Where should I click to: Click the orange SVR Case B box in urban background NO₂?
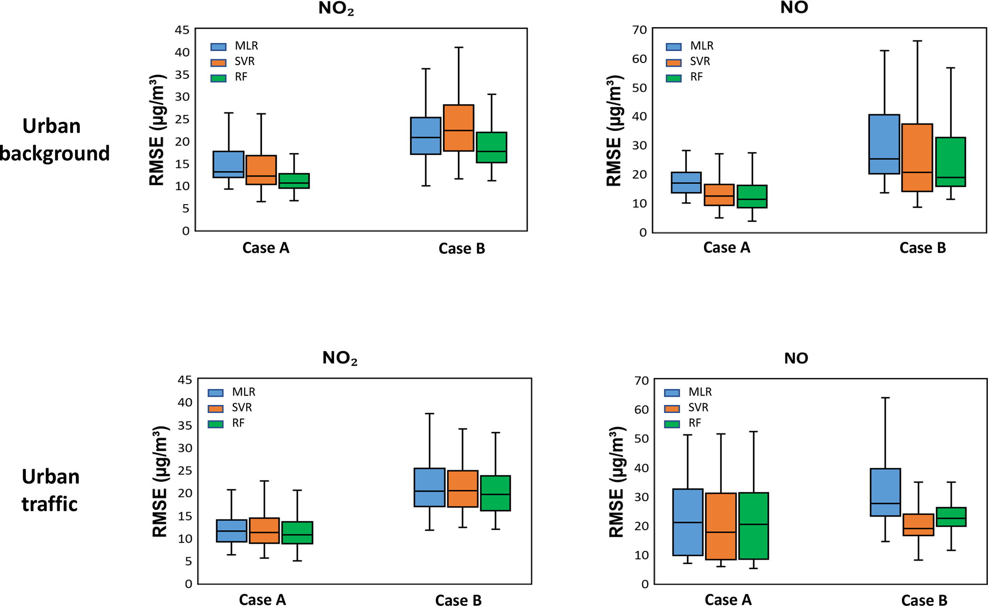click(x=458, y=128)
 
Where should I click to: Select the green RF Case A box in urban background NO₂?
click(x=294, y=181)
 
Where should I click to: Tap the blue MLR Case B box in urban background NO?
click(x=884, y=144)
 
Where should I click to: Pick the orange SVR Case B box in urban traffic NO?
click(x=918, y=524)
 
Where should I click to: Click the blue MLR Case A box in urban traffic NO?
click(x=687, y=522)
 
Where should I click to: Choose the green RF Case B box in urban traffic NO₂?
click(x=496, y=493)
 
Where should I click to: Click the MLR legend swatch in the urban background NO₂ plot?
click(x=218, y=47)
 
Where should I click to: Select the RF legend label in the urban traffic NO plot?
click(x=695, y=423)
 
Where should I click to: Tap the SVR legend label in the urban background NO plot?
click(x=700, y=62)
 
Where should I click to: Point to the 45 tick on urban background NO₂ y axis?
click(x=182, y=30)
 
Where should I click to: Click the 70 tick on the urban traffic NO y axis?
click(x=641, y=380)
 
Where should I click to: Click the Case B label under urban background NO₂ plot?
click(x=462, y=249)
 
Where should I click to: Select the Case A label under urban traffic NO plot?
click(x=728, y=600)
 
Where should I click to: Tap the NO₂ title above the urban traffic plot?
click(x=340, y=358)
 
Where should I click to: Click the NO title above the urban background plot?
click(x=794, y=8)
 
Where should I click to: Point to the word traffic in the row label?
click(x=50, y=504)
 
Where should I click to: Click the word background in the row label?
click(x=55, y=153)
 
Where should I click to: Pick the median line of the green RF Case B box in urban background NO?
click(x=950, y=177)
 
